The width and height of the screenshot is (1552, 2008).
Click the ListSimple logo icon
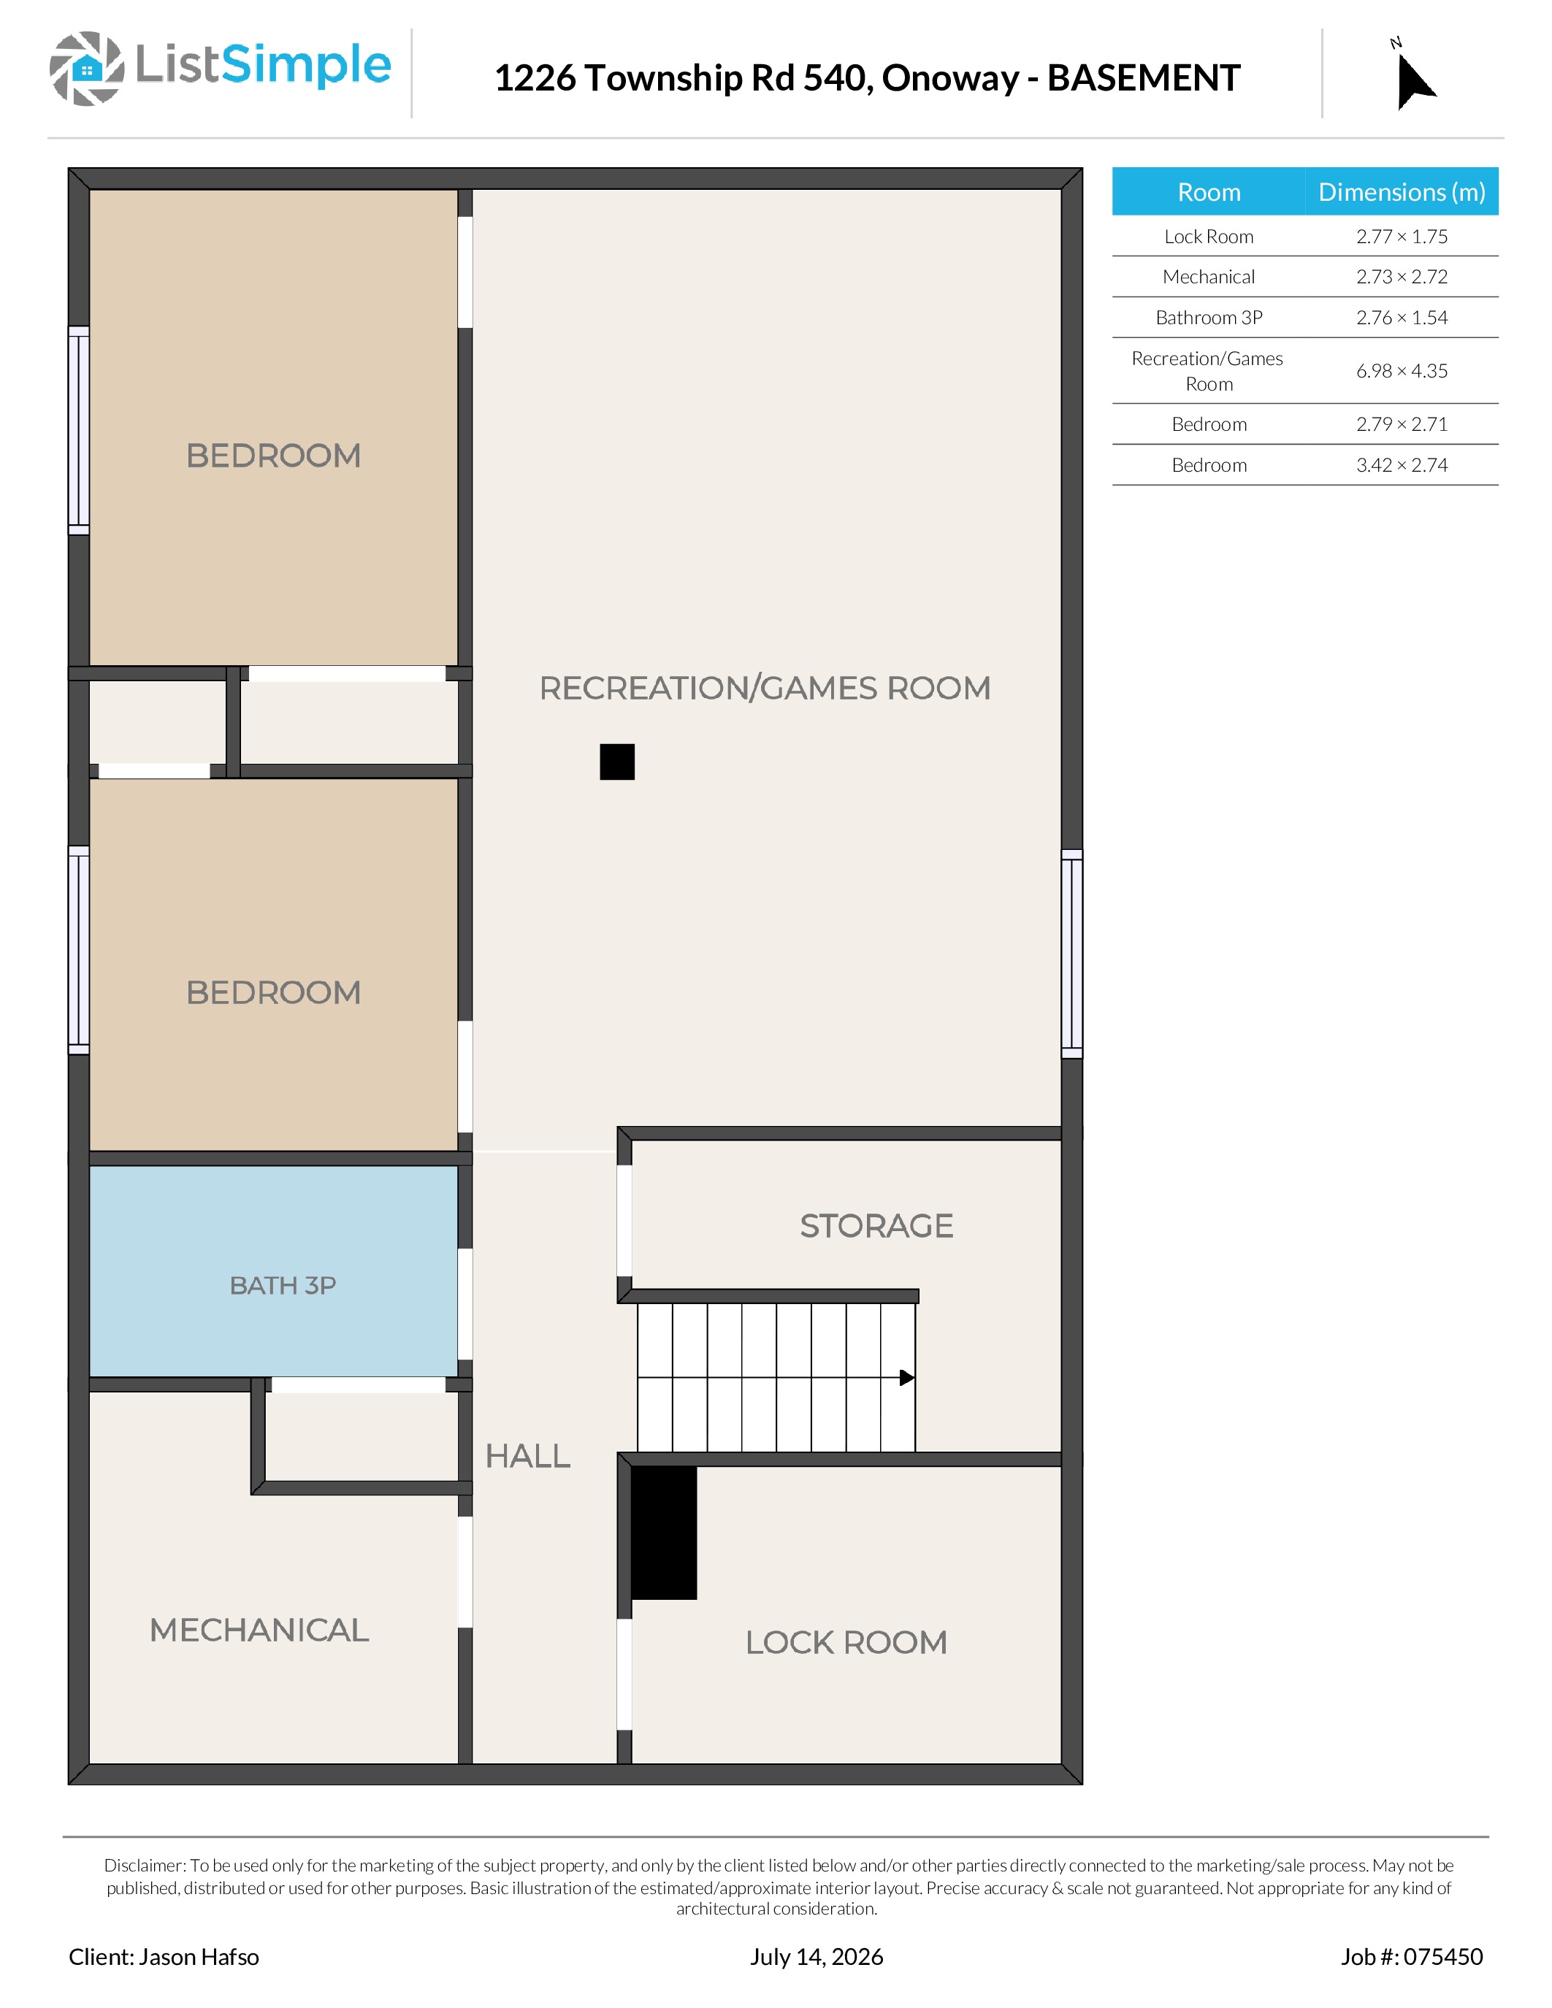[86, 68]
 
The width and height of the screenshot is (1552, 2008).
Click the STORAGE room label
[876, 1225]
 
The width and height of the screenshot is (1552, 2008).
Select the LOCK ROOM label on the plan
[846, 1642]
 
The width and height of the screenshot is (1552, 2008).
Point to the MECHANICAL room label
[259, 1630]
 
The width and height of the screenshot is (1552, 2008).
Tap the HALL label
[528, 1457]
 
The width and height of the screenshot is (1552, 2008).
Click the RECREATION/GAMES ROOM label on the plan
[765, 688]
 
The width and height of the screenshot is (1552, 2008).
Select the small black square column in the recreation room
[617, 762]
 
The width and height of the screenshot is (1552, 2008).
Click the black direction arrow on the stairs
[906, 1377]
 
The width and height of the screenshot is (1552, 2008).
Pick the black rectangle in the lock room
[664, 1533]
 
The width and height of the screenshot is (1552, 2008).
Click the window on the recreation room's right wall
[1072, 954]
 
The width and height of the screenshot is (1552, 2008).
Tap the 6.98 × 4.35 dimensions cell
[1402, 370]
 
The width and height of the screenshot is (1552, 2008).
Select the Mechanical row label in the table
[1208, 277]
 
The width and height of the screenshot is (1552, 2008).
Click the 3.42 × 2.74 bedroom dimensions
[1402, 465]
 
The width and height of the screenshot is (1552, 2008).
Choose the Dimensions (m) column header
[1402, 191]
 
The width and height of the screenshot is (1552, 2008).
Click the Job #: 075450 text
[1411, 1956]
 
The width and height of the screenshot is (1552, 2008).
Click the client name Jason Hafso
[199, 1956]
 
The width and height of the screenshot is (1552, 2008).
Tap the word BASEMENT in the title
[1144, 78]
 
